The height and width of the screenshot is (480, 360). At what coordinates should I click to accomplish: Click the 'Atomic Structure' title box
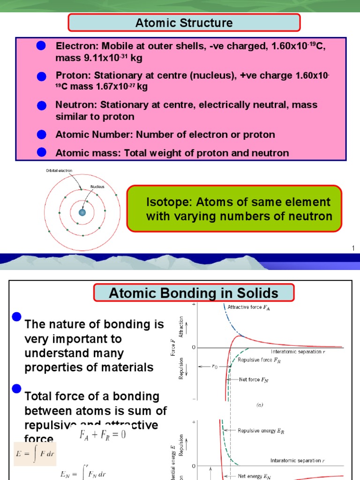184,22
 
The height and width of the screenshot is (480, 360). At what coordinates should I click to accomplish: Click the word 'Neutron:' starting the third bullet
74,105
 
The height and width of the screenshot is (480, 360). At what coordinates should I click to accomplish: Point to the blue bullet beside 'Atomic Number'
41,135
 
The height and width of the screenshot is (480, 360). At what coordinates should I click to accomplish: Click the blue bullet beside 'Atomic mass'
41,151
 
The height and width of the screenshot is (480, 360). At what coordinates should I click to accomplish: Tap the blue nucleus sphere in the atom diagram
82,213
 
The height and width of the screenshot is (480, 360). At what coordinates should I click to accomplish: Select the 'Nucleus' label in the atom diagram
97,186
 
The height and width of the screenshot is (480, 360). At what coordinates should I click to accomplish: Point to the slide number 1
353,247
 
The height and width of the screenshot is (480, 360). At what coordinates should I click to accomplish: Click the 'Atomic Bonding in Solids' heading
194,294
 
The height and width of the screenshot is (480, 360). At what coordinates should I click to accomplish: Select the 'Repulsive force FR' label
259,360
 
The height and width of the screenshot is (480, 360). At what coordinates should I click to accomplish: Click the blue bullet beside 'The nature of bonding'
17,317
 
